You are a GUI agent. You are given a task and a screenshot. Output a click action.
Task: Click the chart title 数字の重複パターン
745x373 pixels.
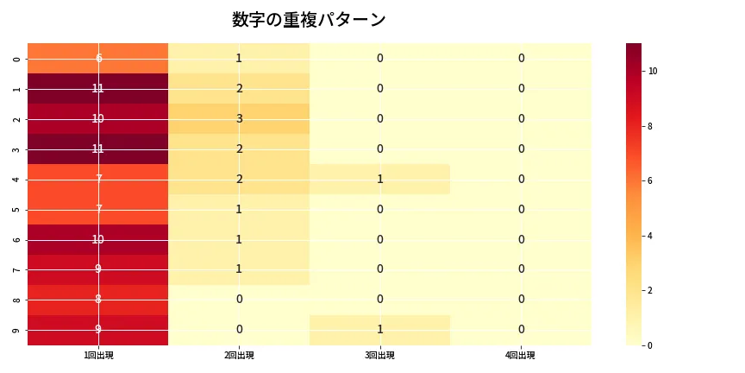[309, 20]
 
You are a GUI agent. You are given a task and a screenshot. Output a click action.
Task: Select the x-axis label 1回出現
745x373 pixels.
[97, 356]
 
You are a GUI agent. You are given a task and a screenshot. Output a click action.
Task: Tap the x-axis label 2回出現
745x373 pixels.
[239, 356]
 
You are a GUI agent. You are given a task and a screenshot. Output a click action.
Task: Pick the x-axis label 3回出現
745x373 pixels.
[379, 356]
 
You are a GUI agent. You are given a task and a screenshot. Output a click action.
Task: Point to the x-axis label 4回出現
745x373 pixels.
[521, 356]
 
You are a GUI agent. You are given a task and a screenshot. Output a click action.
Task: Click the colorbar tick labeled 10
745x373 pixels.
[653, 71]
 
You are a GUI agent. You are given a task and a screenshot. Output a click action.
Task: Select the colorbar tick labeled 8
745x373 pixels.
[650, 126]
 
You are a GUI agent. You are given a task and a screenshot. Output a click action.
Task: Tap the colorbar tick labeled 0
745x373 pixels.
[650, 345]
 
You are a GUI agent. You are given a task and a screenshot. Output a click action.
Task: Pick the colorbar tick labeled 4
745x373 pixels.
[650, 236]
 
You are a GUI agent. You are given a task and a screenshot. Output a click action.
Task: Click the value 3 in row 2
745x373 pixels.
[239, 118]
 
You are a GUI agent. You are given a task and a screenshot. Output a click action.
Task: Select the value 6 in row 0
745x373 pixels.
[97, 58]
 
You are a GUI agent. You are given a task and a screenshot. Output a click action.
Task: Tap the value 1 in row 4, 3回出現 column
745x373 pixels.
[379, 179]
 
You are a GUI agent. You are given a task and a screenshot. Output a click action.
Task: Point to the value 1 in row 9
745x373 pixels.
[379, 330]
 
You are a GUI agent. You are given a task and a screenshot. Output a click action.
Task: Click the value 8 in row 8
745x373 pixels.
[97, 300]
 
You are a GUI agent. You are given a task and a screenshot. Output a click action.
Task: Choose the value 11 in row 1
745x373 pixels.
[97, 88]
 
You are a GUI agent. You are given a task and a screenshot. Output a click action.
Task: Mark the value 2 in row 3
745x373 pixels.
[239, 149]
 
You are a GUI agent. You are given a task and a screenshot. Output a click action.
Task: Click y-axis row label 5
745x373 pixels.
[17, 209]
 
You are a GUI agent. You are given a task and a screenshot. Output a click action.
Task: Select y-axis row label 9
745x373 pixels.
[17, 330]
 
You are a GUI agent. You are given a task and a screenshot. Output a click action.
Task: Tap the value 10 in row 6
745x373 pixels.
[97, 239]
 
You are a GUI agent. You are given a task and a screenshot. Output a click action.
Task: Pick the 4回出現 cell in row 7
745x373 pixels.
[521, 269]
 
